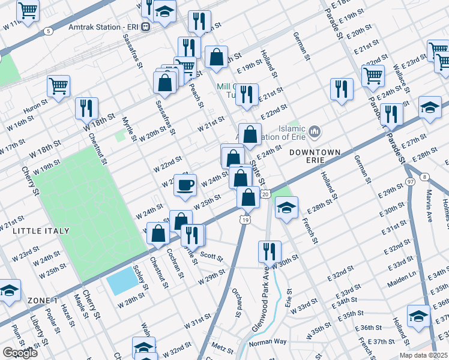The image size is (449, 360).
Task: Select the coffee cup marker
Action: tap(185, 185)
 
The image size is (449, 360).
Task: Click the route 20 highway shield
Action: tap(265, 193)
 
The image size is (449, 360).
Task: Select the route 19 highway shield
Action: tap(245, 220)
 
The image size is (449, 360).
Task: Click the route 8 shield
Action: tap(425, 176)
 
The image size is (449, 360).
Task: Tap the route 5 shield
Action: tap(48, 30)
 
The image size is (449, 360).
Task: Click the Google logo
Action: tap(20, 353)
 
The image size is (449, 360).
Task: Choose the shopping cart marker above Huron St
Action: tap(58, 86)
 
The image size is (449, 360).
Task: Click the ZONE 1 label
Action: tap(42, 300)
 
